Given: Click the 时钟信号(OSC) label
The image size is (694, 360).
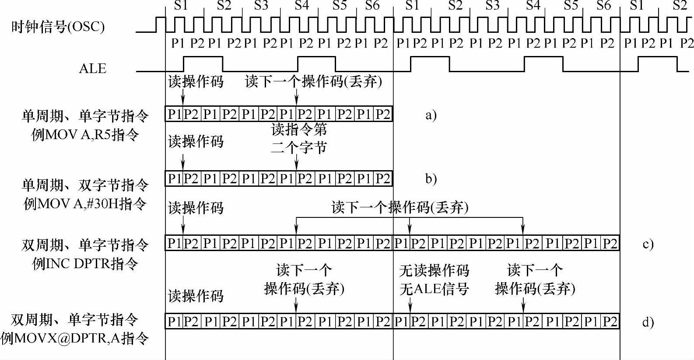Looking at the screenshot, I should click(58, 27).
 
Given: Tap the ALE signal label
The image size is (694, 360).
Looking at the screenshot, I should click(92, 69).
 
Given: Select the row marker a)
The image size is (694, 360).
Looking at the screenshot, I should click(431, 115).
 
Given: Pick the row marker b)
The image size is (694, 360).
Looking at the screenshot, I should click(431, 179).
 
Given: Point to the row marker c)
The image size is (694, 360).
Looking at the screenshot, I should click(648, 244).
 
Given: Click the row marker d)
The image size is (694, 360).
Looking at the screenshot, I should click(648, 323).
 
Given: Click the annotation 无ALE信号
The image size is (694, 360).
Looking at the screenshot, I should click(434, 289).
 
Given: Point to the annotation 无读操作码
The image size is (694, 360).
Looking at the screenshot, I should click(434, 271).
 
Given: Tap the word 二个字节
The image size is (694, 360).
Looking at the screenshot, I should click(299, 148).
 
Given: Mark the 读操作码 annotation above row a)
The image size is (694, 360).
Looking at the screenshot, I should click(196, 82).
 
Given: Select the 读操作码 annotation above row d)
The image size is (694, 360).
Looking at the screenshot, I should click(196, 296).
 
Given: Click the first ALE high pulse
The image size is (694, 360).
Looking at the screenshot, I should click(203, 57).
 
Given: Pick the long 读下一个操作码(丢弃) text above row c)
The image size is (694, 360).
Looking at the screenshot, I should click(400, 207).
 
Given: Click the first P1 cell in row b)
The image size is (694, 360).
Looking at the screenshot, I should click(174, 179).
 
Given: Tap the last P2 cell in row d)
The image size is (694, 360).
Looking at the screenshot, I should click(610, 322).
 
